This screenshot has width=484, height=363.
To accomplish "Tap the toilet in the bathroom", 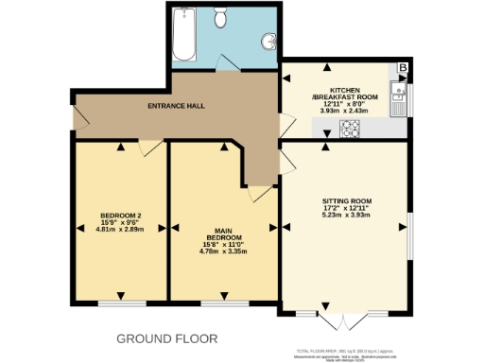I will pyautogui.click(x=220, y=16).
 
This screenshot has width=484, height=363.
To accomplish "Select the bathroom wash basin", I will pyautogui.click(x=270, y=39).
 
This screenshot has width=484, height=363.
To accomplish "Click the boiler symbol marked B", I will pyautogui.click(x=403, y=68).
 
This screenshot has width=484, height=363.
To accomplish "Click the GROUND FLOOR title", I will pyautogui.click(x=166, y=337).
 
